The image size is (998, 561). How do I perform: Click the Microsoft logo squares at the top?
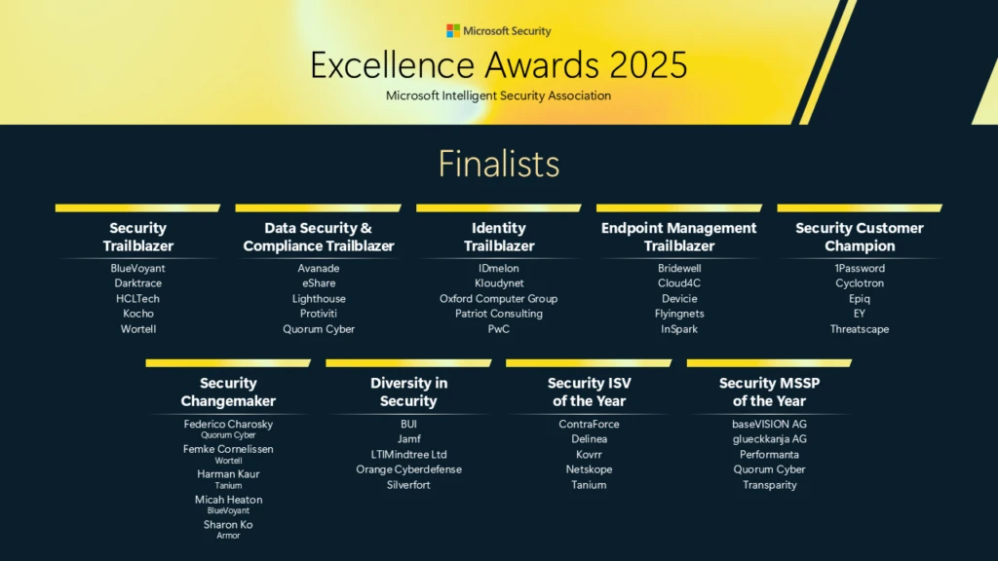click(453, 31)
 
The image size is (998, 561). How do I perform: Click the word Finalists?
click(499, 164)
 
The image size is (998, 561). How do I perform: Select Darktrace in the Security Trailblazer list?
click(137, 283)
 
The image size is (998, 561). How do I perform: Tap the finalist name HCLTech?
click(137, 299)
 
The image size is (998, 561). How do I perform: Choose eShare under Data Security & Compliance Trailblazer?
click(319, 283)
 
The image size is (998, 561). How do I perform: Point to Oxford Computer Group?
click(498, 299)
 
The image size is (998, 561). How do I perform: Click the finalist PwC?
click(498, 329)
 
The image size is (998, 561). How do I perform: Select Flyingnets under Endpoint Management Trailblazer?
click(679, 314)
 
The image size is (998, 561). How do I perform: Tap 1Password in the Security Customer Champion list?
click(860, 269)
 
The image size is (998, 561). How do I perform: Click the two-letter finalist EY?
click(860, 314)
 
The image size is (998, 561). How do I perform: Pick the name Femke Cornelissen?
click(228, 449)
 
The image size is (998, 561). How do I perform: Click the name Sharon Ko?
click(228, 525)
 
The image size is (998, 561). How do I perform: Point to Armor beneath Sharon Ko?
click(228, 536)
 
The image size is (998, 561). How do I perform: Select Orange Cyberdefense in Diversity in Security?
click(408, 469)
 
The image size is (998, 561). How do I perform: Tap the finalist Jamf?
click(408, 439)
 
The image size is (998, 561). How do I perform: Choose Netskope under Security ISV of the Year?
click(589, 469)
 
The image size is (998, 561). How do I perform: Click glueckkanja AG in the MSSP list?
click(769, 439)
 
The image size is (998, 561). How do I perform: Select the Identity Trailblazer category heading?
click(498, 237)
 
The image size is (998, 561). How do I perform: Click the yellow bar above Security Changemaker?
click(228, 363)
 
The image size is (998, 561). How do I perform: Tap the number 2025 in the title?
click(649, 65)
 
